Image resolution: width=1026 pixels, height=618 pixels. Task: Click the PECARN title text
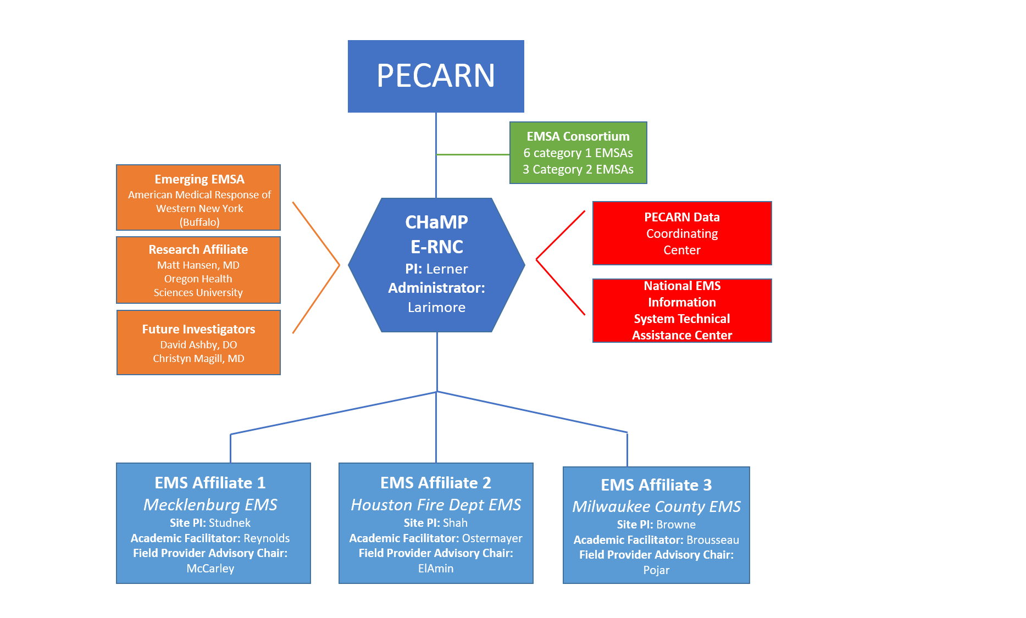[436, 76]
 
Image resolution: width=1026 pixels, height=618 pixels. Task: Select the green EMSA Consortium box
[578, 153]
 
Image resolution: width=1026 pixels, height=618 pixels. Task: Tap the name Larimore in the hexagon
[436, 307]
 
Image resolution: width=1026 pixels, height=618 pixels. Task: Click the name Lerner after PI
[447, 269]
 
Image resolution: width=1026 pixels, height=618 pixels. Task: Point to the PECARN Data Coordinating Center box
[682, 233]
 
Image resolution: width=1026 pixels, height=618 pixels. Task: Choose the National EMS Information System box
[682, 310]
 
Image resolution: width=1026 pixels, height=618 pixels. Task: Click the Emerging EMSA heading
[199, 179]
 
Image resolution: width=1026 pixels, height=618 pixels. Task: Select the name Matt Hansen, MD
[198, 265]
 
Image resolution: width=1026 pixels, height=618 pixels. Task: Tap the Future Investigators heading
[198, 329]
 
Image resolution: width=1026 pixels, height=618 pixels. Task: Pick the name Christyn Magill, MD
[198, 358]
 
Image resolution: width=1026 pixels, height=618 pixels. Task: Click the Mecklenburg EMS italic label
[210, 504]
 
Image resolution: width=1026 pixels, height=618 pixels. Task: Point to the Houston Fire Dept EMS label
[436, 504]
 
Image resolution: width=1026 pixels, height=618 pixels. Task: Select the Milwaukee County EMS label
[656, 506]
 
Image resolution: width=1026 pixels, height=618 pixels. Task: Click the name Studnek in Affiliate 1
[230, 522]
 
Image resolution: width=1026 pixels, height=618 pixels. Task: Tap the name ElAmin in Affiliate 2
[436, 569]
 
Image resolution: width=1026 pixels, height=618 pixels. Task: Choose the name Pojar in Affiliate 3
[656, 570]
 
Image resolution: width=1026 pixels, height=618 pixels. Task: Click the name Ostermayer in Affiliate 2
[492, 538]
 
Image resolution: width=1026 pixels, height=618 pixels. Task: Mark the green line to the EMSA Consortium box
[473, 154]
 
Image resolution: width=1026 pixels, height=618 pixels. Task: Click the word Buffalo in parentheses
[199, 222]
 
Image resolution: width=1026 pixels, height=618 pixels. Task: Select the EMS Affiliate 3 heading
[656, 485]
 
